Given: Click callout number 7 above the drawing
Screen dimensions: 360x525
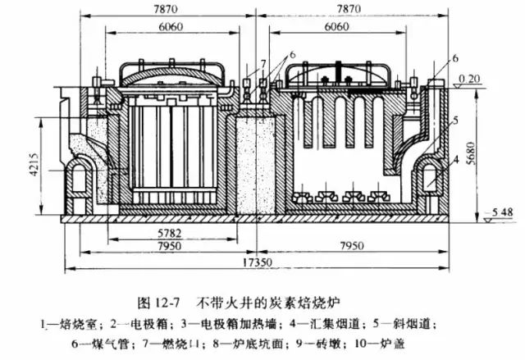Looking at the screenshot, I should pos(262,63).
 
